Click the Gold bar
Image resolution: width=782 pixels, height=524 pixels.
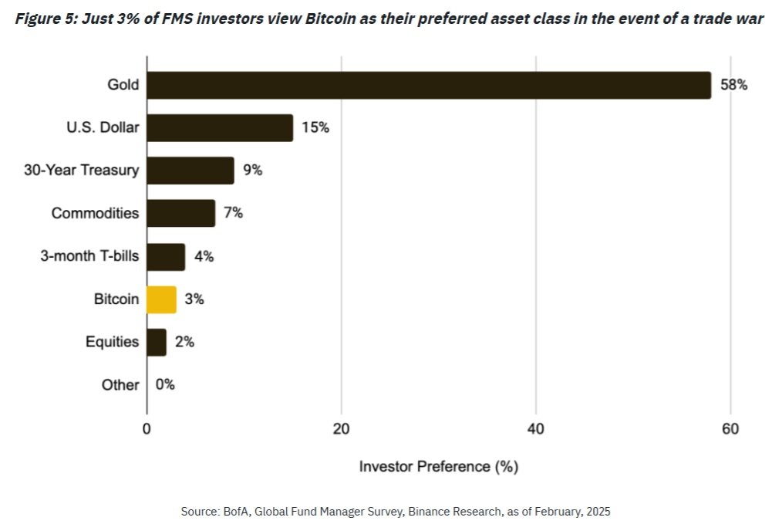428,85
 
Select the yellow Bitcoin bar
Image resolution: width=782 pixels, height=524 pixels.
162,299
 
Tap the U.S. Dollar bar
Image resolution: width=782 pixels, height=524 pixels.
220,128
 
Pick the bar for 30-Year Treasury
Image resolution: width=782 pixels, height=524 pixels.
190,171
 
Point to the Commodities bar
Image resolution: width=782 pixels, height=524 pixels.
180,213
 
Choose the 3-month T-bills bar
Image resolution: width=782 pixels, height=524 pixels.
166,256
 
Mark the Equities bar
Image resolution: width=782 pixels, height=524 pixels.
157,342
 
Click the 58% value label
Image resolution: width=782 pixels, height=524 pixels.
733,85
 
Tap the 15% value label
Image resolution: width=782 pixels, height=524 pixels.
315,128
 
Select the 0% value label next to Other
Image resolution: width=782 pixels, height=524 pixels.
165,384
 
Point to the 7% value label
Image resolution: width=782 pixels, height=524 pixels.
233,213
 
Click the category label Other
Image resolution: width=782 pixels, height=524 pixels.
120,384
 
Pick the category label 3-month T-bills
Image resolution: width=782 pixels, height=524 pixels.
89,256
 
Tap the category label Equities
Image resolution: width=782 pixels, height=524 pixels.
113,342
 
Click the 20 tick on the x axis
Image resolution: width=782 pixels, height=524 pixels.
342,429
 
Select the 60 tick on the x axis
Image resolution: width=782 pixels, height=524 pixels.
730,429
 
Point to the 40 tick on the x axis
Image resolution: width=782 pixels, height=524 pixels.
536,429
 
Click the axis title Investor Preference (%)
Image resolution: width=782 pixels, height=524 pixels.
439,467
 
